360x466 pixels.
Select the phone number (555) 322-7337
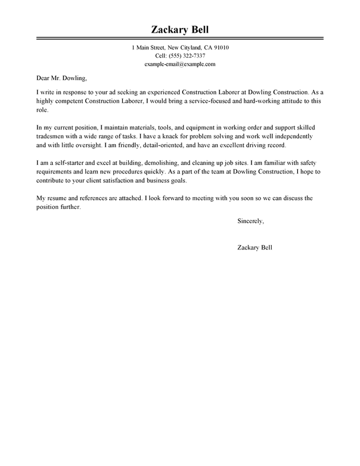coord(187,55)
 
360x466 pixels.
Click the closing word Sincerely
coord(250,221)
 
